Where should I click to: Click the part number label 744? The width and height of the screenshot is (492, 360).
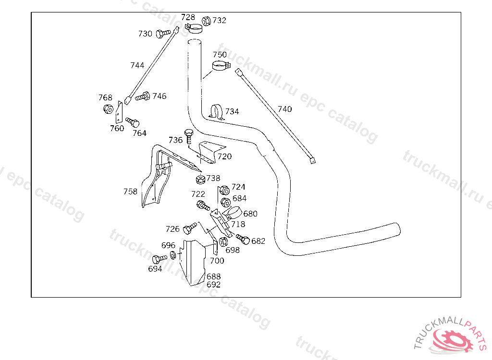(137, 65)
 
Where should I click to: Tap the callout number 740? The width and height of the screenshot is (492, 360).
(284, 109)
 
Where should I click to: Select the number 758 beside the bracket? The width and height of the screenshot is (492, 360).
(130, 192)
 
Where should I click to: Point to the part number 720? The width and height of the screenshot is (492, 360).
(225, 156)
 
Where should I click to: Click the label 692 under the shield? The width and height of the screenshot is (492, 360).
(213, 285)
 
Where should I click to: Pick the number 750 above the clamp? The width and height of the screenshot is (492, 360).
(220, 55)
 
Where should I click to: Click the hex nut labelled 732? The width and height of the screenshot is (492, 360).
(206, 21)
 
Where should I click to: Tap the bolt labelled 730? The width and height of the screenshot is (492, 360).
(163, 33)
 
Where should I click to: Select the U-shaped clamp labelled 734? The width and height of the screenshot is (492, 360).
(217, 112)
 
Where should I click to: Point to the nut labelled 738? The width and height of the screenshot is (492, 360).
(200, 180)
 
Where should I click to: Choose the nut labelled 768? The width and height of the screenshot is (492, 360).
(108, 109)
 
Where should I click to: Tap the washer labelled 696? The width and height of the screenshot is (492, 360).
(173, 255)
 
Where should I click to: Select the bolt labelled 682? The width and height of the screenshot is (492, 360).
(243, 239)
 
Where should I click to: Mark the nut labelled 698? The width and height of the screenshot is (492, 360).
(223, 242)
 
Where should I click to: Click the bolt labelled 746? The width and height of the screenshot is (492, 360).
(143, 96)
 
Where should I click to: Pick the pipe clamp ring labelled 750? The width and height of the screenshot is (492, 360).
(221, 66)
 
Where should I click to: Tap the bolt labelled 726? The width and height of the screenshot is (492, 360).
(190, 228)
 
